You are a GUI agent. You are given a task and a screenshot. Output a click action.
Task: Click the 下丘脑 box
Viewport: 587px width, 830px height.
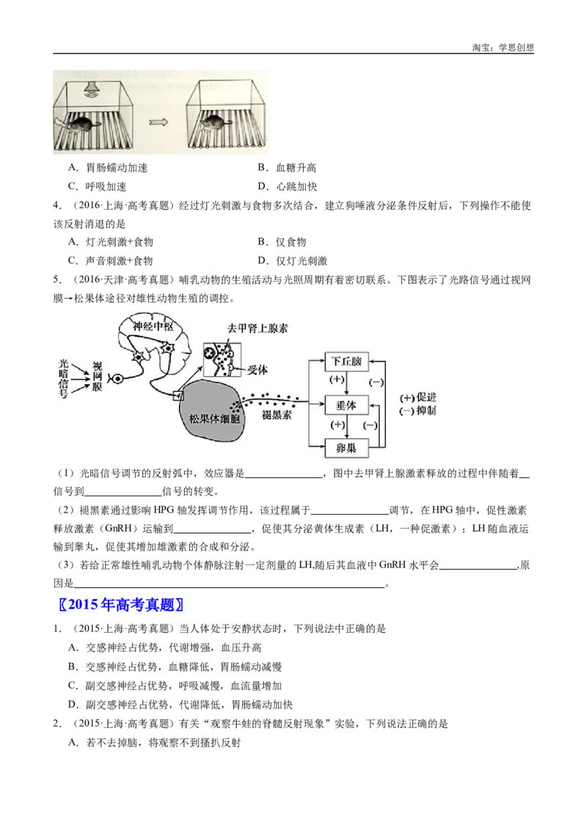(346, 361)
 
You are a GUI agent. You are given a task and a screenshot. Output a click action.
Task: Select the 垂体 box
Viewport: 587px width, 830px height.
(346, 404)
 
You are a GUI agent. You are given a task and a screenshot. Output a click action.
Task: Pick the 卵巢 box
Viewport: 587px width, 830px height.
(346, 447)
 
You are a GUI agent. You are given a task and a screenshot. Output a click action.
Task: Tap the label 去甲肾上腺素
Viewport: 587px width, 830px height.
(258, 328)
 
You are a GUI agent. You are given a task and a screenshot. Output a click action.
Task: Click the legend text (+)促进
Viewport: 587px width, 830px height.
(419, 397)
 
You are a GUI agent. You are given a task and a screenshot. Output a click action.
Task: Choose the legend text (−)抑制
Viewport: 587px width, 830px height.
(419, 411)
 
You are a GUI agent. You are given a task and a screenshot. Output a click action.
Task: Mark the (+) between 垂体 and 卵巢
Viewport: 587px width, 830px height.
(338, 425)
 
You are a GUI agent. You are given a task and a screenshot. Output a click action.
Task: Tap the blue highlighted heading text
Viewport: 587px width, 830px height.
(123, 605)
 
